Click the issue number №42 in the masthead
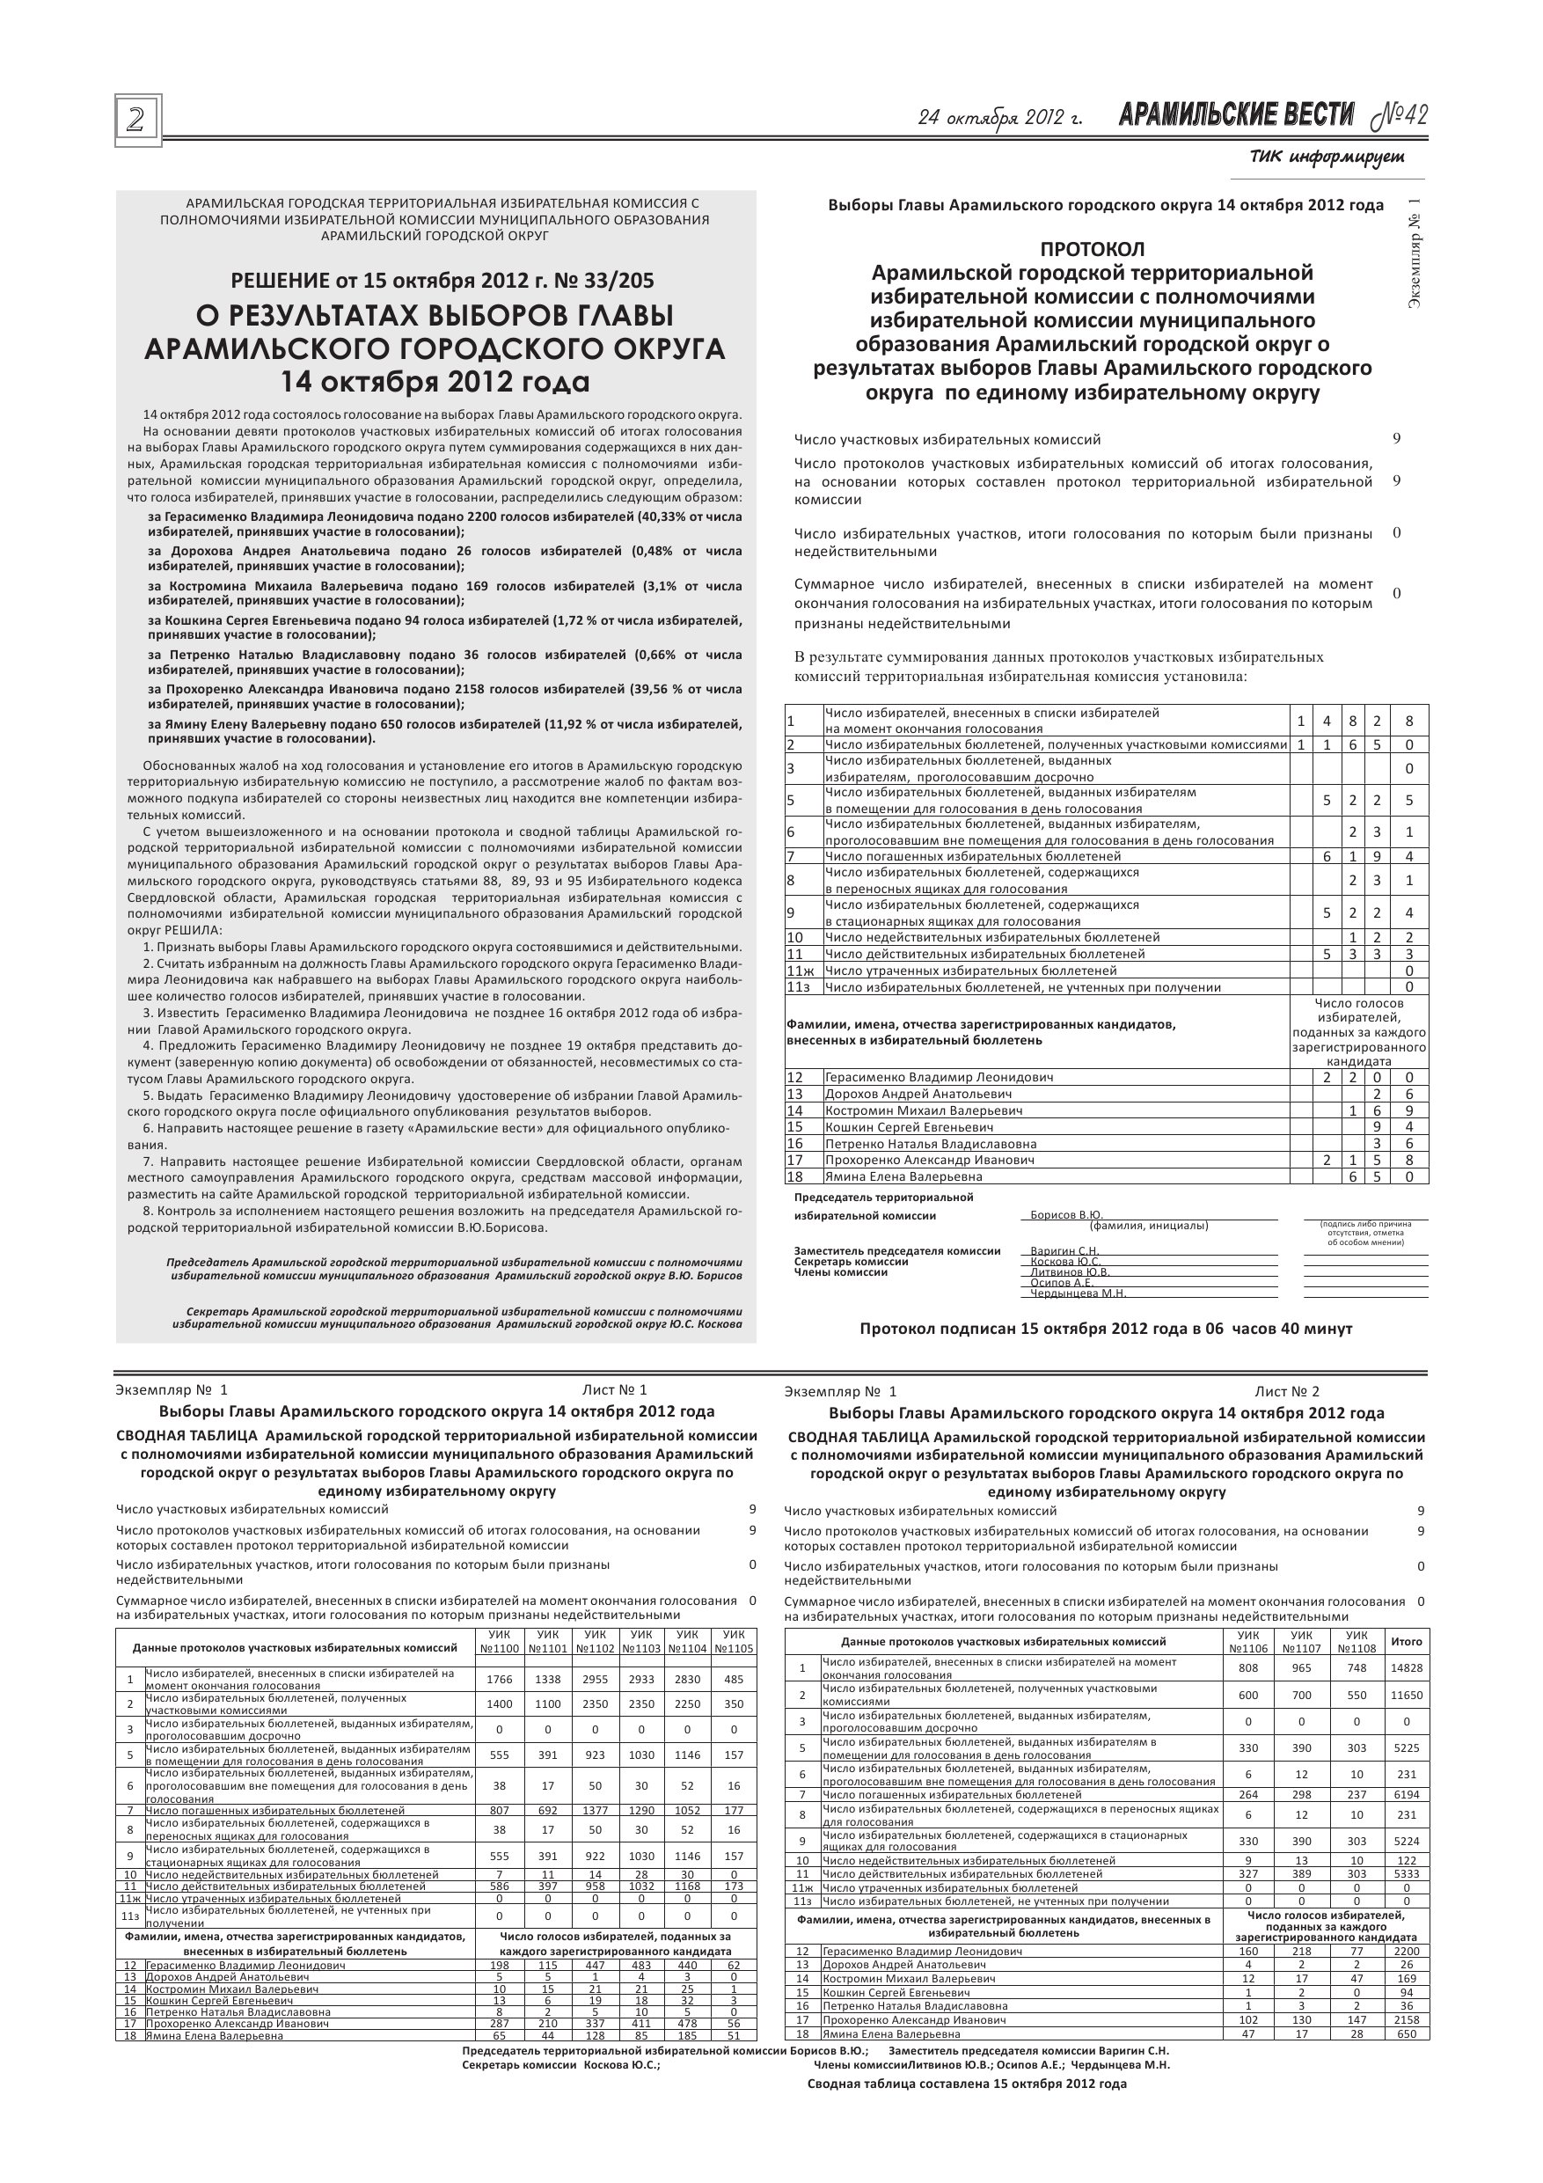coord(1400,116)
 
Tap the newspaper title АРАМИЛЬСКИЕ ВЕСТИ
coord(1236,116)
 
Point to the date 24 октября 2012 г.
coord(1000,118)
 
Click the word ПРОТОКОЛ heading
coord(1093,249)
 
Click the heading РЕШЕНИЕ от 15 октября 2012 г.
coord(442,281)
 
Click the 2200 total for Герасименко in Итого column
coord(1406,1952)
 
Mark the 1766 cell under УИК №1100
coord(499,1680)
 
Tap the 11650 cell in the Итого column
coord(1406,1696)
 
